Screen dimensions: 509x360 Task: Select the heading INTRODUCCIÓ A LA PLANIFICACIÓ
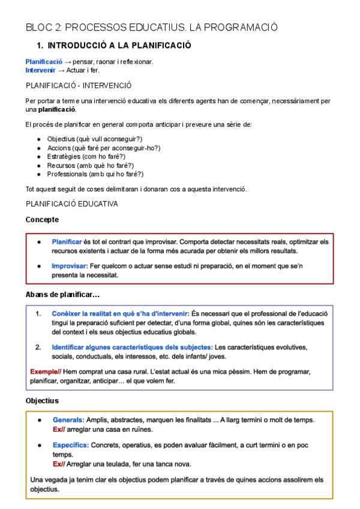tap(119, 46)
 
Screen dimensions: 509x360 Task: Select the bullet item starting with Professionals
tap(95, 174)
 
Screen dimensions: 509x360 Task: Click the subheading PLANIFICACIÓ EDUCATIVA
tap(71, 204)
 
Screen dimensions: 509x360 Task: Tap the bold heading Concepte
tap(42, 220)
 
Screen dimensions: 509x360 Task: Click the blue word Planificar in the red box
tap(67, 242)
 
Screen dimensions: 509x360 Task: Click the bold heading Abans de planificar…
tap(62, 295)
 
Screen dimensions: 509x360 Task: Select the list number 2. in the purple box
tap(38, 347)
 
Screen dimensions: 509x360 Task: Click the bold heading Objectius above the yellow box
tap(42, 400)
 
